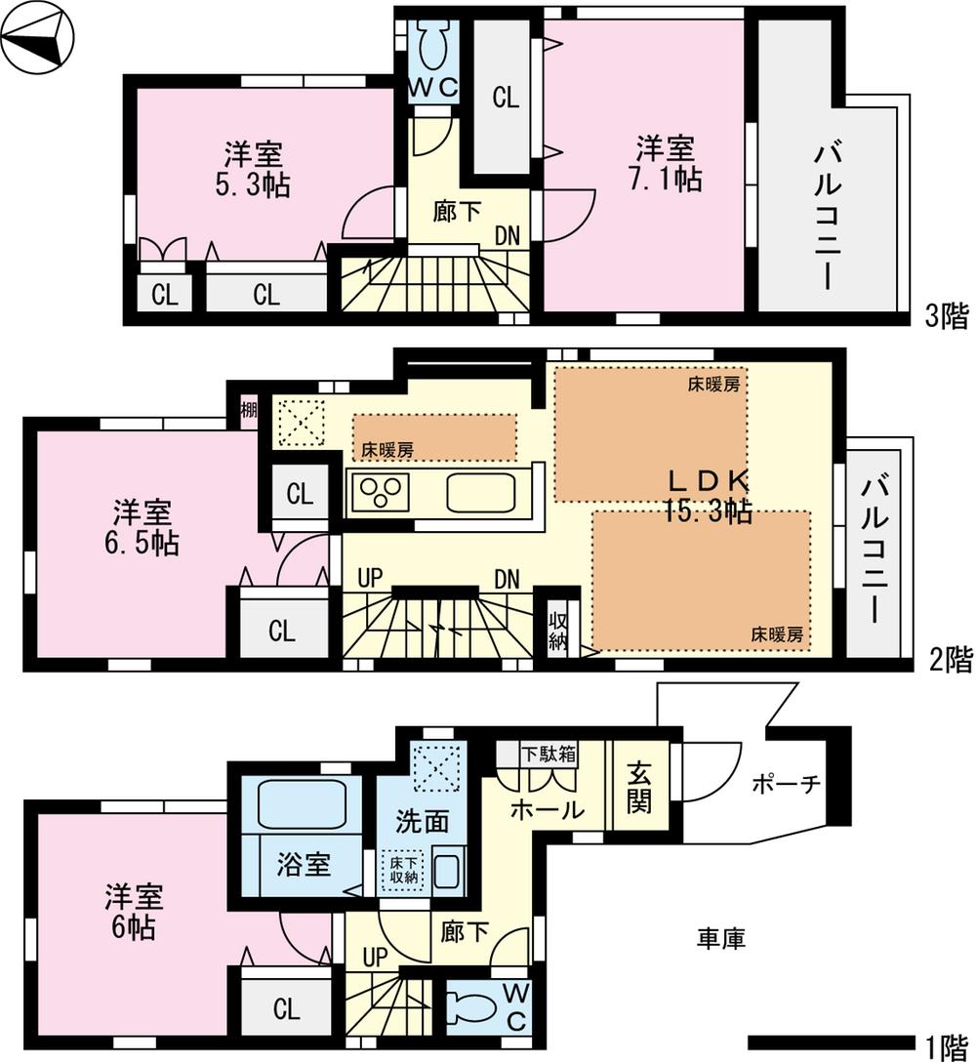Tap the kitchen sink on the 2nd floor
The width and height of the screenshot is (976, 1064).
coord(480,491)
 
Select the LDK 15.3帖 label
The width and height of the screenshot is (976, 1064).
coord(709,495)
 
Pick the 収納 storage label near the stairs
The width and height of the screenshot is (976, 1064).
coord(557,631)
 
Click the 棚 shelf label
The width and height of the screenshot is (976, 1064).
coord(248,411)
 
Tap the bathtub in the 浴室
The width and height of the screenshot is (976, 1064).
coord(302,804)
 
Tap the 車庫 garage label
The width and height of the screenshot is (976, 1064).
coord(721,939)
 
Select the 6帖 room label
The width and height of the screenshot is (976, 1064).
coord(135,912)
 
